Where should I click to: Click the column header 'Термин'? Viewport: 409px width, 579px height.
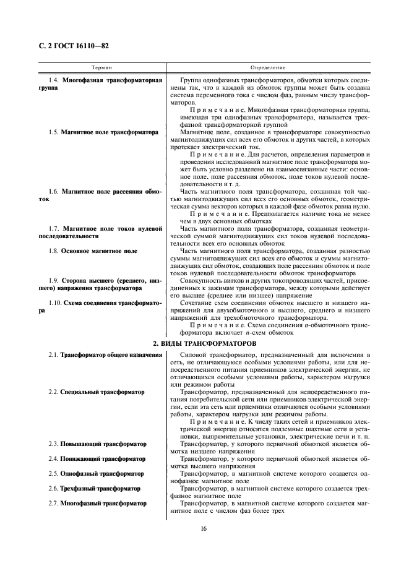101,66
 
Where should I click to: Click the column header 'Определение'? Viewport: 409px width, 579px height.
267,66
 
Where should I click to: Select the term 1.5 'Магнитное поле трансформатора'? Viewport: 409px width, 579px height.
109,132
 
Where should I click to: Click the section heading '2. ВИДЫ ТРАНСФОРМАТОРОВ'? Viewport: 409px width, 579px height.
204,342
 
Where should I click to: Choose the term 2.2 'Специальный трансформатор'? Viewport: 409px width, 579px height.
102,392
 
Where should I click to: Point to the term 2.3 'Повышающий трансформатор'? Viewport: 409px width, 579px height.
103,444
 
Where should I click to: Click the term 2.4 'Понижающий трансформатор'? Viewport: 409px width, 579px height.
102,459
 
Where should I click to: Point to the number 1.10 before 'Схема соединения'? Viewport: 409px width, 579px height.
54,303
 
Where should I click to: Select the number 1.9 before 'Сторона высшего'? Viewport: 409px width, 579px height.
53,281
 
